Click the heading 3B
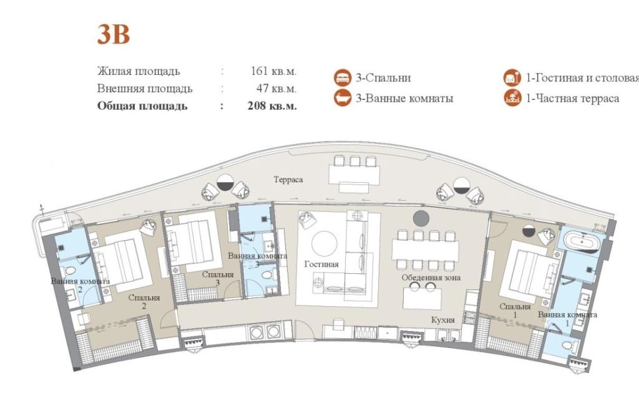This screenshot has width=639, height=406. coord(114,35)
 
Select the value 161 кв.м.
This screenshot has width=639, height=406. coord(273,71)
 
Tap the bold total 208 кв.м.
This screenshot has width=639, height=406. coord(272,106)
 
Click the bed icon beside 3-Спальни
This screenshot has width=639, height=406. coord(343,78)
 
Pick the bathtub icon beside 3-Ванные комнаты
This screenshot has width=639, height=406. coord(343,98)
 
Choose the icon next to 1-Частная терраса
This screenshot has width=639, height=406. coord(513,98)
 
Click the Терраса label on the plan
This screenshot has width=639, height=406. coord(288,180)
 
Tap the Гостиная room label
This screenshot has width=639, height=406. coord(321,264)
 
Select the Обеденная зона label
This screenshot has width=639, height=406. coord(431,278)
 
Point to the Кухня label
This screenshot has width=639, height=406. coord(443,320)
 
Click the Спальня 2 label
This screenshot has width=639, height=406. coord(144,302)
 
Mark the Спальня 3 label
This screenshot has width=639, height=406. coord(218,279)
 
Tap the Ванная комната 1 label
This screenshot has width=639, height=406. coord(567,319)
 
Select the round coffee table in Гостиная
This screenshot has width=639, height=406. coord(324,243)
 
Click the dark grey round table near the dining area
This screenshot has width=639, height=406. coord(421,218)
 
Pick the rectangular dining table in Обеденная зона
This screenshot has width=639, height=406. coord(426,250)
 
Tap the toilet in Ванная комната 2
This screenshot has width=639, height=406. coord(70,271)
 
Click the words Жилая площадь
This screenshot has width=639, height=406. coord(139,71)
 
